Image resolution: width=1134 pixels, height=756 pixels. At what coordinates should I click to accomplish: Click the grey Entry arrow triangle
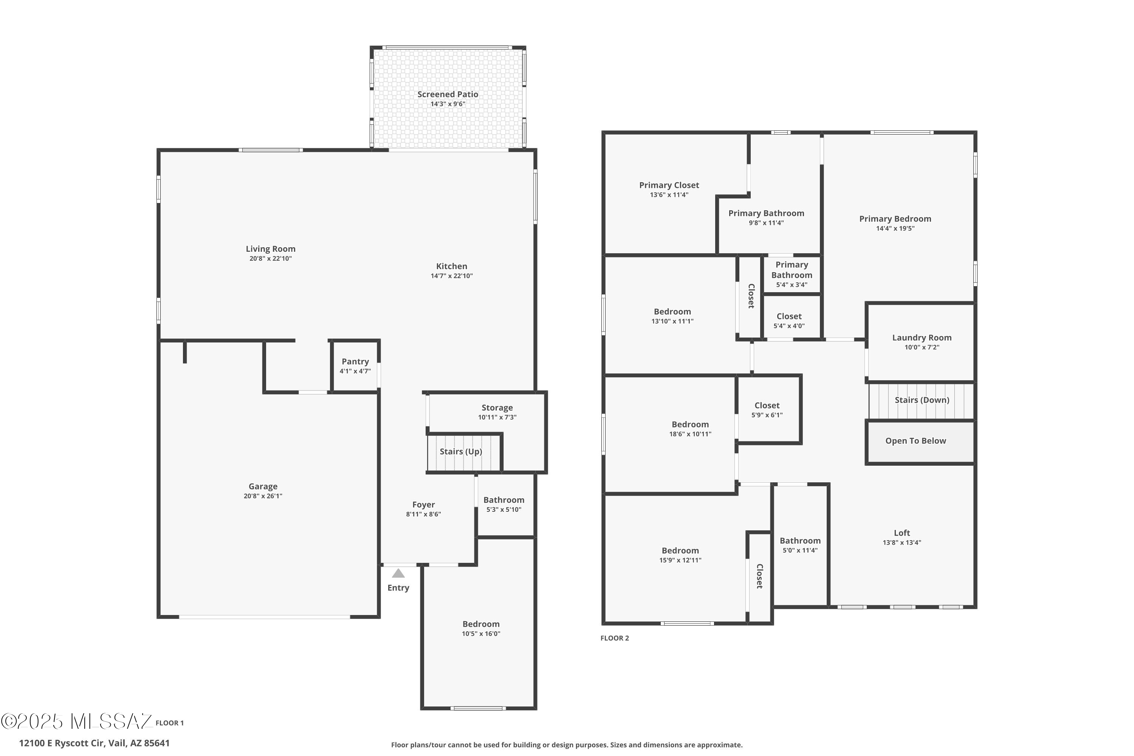coord(398,573)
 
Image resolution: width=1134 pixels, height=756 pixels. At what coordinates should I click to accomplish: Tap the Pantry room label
coord(355,362)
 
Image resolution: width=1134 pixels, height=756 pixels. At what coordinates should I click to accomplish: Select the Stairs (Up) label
coord(461,452)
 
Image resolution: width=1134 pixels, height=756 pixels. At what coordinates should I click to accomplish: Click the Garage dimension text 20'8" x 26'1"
coord(263,496)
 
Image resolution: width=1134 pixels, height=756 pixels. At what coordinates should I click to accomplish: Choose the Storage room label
coord(497,408)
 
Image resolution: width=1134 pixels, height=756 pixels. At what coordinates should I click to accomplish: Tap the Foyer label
coord(423,505)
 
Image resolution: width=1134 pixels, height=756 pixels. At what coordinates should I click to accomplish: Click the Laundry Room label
coord(922,338)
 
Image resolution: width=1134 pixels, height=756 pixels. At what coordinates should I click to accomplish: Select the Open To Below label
coord(916,441)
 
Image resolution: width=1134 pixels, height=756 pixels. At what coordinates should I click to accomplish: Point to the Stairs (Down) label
coord(922,400)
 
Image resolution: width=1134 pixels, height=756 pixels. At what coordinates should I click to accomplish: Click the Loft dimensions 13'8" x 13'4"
coord(902,542)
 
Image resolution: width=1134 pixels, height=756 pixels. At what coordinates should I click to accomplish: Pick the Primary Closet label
coord(669,185)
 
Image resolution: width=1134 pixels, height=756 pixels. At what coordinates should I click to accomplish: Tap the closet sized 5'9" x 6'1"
coord(767,410)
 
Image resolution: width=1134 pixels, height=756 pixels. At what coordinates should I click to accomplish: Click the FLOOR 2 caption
coord(615,638)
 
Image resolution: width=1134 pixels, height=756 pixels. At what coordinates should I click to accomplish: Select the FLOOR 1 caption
coord(170,723)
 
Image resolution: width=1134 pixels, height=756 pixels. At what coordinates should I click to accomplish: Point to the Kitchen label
coord(452,266)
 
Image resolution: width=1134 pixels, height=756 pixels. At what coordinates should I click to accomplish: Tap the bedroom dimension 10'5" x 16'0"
coord(481,634)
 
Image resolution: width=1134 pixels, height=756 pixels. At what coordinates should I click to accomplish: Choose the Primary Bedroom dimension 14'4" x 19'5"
coord(895,229)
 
